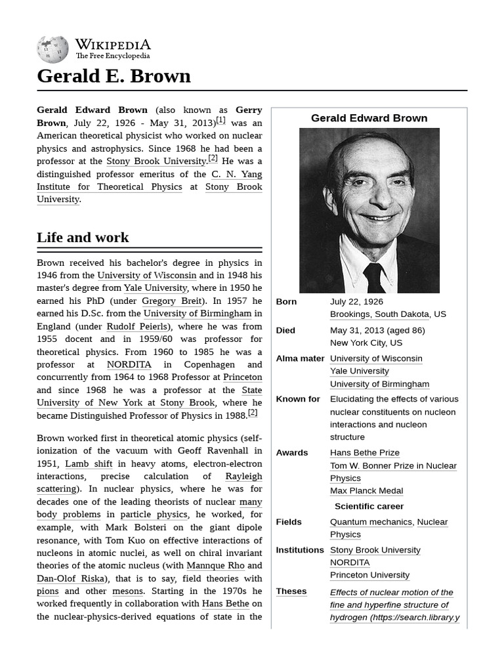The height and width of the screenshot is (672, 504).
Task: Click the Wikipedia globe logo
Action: pyautogui.click(x=52, y=49)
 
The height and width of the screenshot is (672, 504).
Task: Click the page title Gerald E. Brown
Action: pyautogui.click(x=114, y=76)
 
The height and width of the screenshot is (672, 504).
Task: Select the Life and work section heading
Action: pyautogui.click(x=83, y=238)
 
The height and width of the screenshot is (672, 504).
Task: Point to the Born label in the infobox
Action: pyautogui.click(x=286, y=302)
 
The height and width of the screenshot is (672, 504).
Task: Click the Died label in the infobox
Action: pyautogui.click(x=285, y=331)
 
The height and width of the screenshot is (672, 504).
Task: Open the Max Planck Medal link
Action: pyautogui.click(x=366, y=491)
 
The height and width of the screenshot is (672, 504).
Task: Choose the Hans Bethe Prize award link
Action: pyautogui.click(x=364, y=453)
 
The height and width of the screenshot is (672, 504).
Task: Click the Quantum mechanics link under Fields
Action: pyautogui.click(x=371, y=522)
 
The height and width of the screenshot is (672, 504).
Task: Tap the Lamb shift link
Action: pyautogui.click(x=89, y=463)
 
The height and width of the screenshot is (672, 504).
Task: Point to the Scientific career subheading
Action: pyautogui.click(x=369, y=507)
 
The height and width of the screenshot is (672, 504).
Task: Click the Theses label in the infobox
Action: pyautogui.click(x=291, y=591)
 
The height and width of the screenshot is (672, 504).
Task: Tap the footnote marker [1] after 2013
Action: pyautogui.click(x=220, y=120)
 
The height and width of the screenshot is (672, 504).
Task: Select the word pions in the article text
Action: pyautogui.click(x=47, y=591)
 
